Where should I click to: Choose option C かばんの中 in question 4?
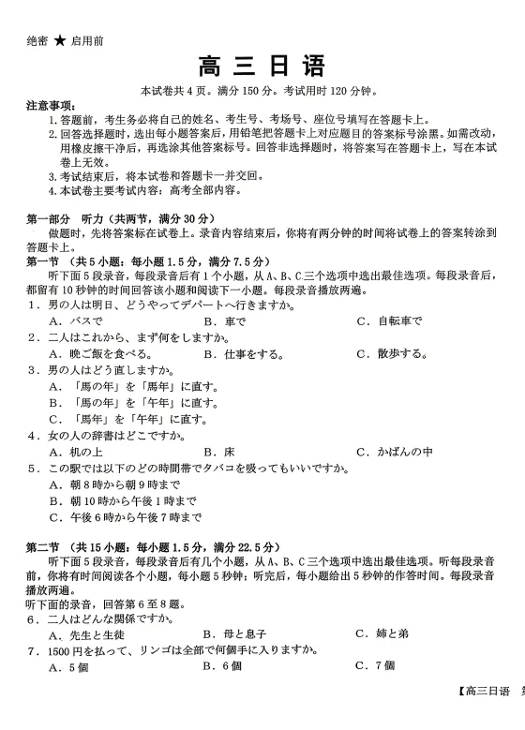click(x=395, y=452)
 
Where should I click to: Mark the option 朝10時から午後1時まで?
click(x=122, y=500)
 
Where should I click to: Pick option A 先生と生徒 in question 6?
click(x=87, y=633)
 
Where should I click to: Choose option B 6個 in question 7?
click(x=222, y=666)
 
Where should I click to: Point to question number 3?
click(x=31, y=370)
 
